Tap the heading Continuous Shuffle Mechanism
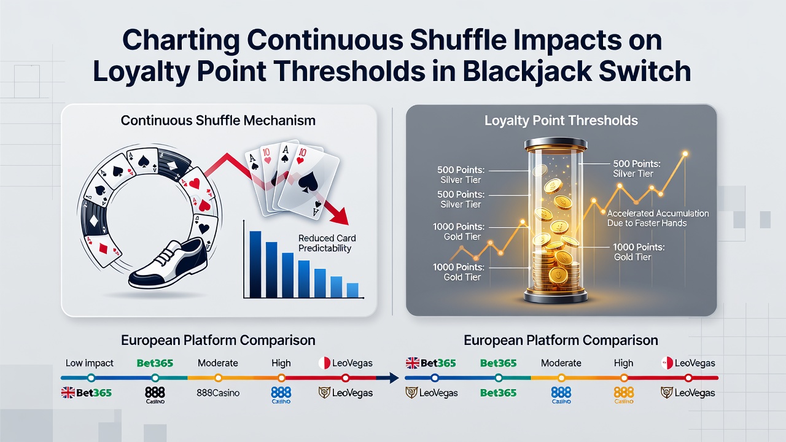click(x=218, y=121)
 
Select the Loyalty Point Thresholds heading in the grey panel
click(x=561, y=121)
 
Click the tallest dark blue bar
click(x=255, y=265)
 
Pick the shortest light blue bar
click(x=352, y=290)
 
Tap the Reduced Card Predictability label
click(x=327, y=243)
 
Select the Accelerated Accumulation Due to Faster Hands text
click(x=658, y=218)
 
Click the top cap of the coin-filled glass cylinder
click(x=556, y=144)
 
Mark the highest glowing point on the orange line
click(x=685, y=153)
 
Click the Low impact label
click(x=90, y=363)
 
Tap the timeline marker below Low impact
click(x=91, y=378)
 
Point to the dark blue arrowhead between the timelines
click(x=394, y=378)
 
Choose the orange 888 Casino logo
click(x=623, y=395)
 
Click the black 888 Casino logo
click(x=155, y=395)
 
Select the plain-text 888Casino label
click(x=218, y=393)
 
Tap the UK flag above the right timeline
click(x=412, y=363)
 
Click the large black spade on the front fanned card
click(x=308, y=182)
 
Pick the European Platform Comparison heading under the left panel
click(x=218, y=340)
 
